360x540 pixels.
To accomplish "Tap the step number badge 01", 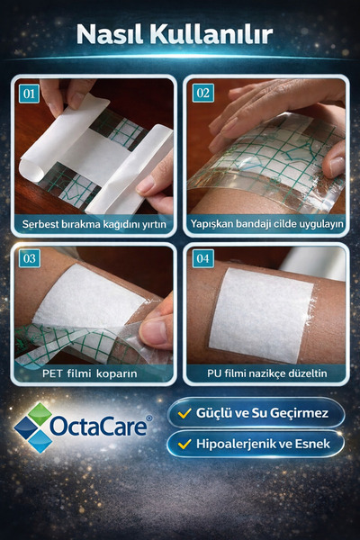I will click(30, 93).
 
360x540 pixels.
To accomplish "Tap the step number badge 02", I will click(202, 93).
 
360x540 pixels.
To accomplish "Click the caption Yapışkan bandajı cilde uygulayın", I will click(266, 223).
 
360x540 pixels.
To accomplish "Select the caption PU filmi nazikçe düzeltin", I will click(266, 372).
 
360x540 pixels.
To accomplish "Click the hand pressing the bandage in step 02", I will click(270, 112).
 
